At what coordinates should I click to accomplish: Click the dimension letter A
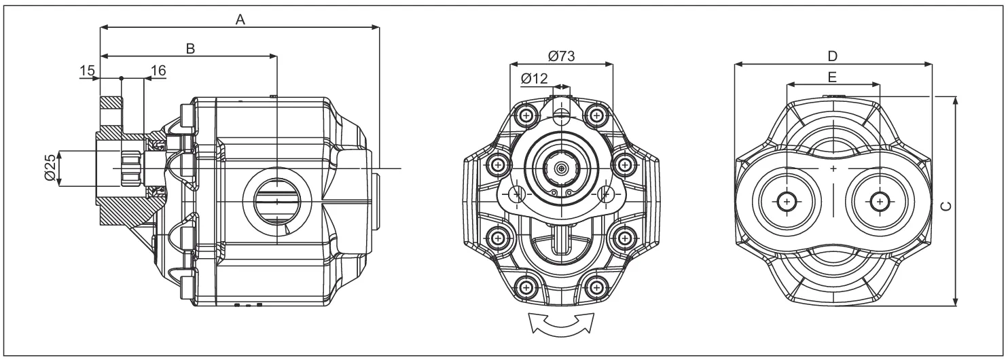239,20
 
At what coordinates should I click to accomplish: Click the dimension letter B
191,48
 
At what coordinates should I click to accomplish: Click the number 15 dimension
86,71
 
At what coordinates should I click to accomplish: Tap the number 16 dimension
158,71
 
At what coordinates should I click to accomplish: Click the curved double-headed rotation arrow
561,324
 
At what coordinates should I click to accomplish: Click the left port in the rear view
787,201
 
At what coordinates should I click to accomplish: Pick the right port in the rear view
880,201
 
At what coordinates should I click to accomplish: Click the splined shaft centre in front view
561,167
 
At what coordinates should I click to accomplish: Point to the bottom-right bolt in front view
596,287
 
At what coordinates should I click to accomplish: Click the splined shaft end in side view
130,168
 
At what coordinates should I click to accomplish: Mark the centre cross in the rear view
833,167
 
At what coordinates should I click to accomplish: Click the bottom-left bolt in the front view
526,287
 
